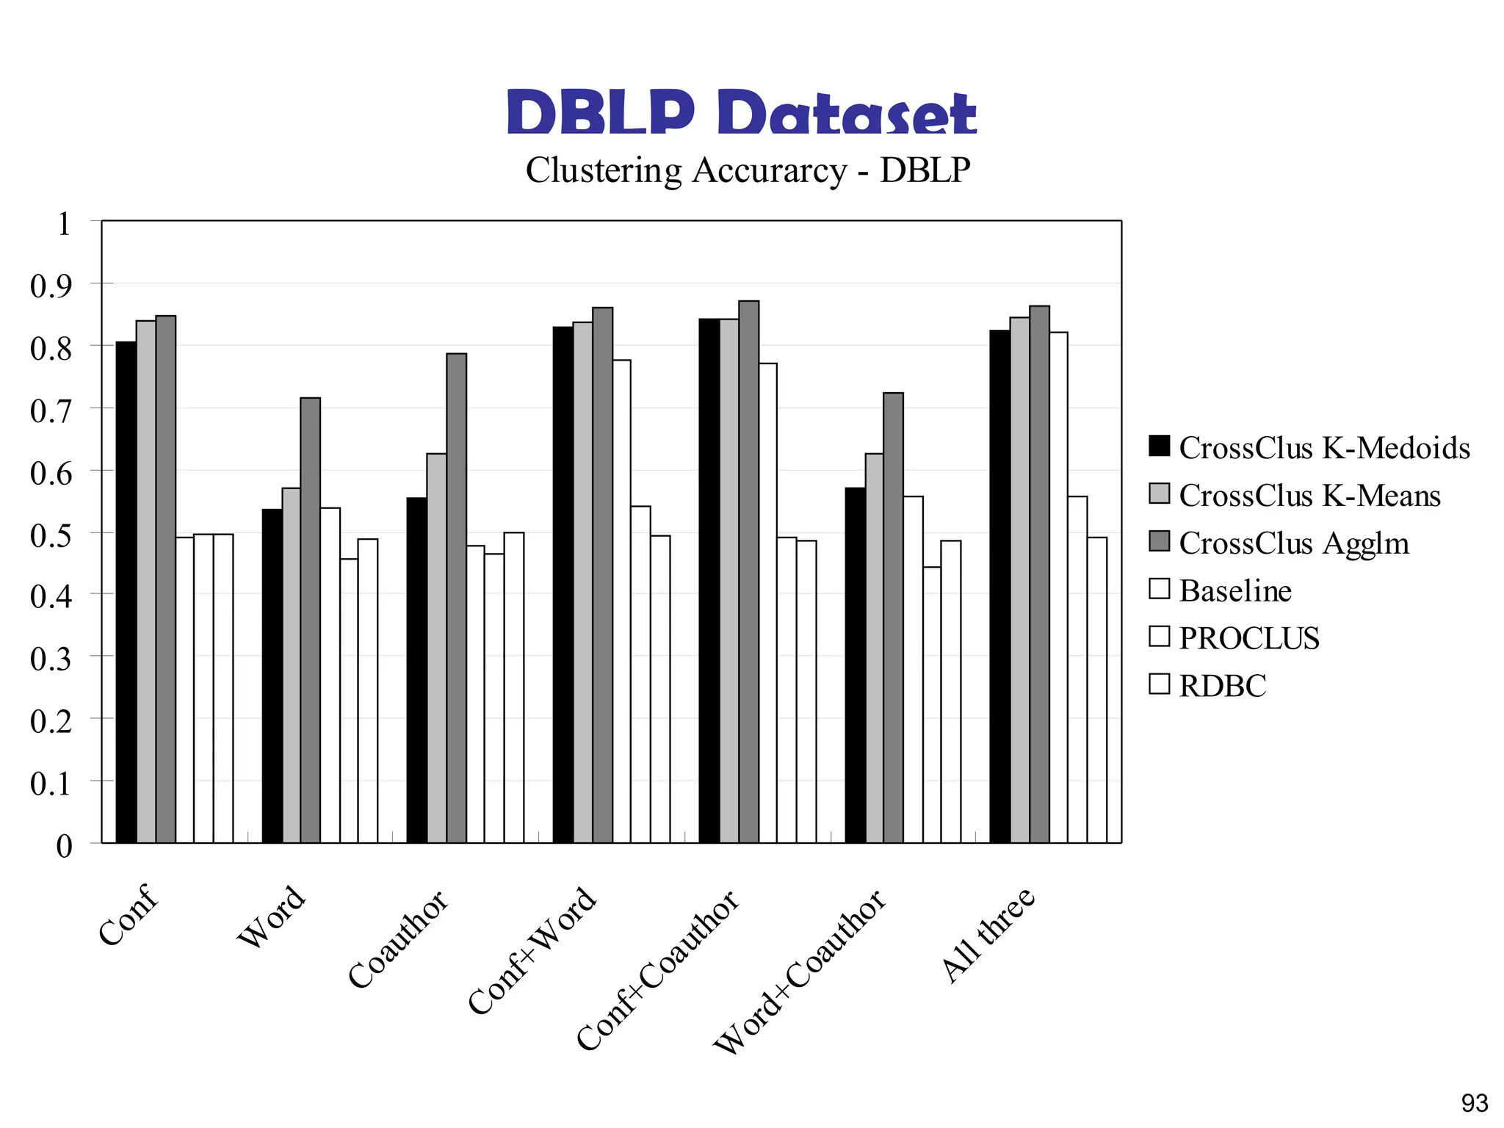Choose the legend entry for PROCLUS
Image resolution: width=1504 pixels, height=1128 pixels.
(1248, 638)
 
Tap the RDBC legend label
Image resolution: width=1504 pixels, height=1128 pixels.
(1222, 686)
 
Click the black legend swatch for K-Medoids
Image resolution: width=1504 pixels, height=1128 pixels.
(1159, 446)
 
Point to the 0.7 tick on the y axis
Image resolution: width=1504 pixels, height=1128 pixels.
(51, 411)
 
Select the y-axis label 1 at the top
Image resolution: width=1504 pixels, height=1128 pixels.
(64, 224)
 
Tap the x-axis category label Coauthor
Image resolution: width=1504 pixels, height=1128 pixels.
(397, 939)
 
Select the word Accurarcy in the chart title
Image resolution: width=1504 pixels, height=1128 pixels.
(769, 170)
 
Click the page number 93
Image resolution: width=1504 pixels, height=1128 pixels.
(1474, 1103)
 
